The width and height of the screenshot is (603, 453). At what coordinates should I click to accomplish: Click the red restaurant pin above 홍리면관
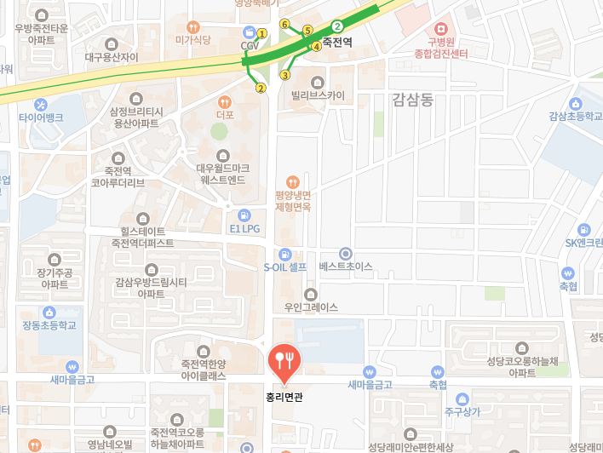click(282, 361)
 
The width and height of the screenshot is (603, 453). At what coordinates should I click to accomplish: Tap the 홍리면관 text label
click(282, 396)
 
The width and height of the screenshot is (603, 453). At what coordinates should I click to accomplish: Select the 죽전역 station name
click(337, 40)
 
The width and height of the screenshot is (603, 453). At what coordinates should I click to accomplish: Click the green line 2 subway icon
click(337, 26)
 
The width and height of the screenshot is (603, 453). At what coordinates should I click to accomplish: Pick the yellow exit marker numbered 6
click(284, 24)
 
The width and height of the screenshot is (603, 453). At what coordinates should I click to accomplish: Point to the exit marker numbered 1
click(262, 33)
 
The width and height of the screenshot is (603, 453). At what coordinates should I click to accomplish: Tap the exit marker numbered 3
click(284, 74)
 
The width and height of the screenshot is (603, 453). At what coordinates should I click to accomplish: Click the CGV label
click(250, 45)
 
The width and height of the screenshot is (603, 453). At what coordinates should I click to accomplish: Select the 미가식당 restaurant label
click(193, 40)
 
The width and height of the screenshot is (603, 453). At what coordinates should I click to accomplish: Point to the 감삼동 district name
click(413, 100)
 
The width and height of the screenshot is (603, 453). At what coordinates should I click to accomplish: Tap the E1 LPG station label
click(245, 228)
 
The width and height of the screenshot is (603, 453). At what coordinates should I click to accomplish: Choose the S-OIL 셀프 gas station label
click(284, 267)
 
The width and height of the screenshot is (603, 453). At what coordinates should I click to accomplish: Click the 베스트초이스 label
click(345, 267)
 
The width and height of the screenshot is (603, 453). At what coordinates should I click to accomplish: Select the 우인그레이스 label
click(311, 307)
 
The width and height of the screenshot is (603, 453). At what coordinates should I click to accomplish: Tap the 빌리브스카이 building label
click(318, 95)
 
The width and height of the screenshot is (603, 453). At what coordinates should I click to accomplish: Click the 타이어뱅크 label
click(41, 116)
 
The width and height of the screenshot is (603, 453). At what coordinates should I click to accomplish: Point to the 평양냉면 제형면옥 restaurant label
click(293, 201)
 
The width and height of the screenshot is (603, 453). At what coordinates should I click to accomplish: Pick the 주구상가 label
click(462, 412)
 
